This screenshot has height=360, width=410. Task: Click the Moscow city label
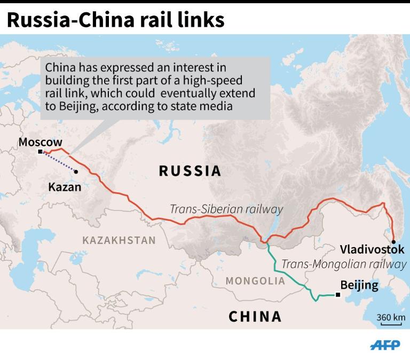(x=40, y=143)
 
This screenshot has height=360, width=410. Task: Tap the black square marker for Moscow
(x=40, y=152)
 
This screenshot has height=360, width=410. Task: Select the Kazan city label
(x=65, y=187)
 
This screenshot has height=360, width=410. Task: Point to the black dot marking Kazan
(x=76, y=172)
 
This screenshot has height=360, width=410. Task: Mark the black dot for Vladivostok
(x=393, y=242)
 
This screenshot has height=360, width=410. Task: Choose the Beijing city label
(x=359, y=285)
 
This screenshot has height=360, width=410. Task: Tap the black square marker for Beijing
(x=337, y=294)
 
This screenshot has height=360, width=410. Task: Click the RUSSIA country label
(x=190, y=171)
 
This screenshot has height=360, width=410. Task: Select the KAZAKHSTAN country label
(x=119, y=240)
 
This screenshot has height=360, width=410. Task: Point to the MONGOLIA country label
(x=255, y=280)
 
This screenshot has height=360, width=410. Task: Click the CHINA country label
(x=255, y=316)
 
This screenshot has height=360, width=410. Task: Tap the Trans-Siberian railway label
(x=226, y=209)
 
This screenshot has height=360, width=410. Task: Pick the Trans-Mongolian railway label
(x=343, y=264)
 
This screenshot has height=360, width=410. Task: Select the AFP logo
(x=385, y=345)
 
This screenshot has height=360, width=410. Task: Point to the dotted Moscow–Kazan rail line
(x=58, y=162)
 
